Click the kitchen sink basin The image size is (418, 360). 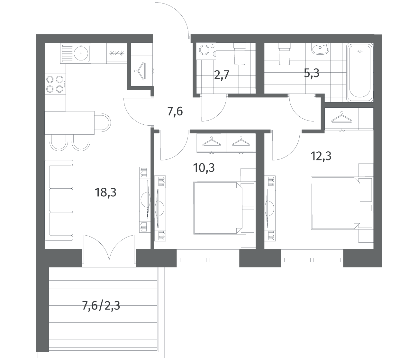coord(81,53)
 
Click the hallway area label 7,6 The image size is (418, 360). coord(175,112)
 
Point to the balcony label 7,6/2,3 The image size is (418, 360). coord(101,306)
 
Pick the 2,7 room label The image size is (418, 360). coord(222,75)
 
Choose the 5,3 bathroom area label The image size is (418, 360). coord(312,73)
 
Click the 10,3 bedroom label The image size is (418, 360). coord(204,168)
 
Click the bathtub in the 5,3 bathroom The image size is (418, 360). coord(360,72)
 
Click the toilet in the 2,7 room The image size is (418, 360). coord(240,54)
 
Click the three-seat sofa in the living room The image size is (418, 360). coord(59,200)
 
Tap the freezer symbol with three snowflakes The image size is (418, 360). coord(116,54)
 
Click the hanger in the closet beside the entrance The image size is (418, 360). coord(140,71)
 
